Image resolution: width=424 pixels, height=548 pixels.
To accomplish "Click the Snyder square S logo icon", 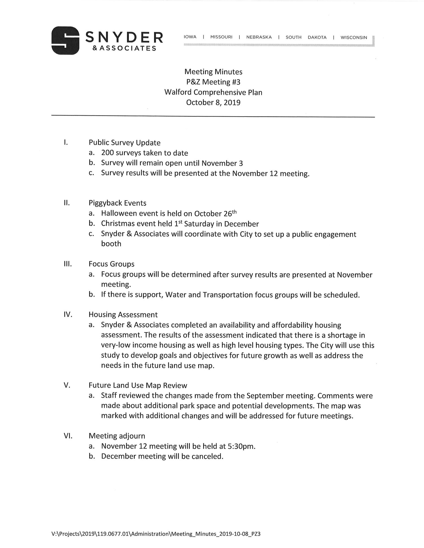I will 65,40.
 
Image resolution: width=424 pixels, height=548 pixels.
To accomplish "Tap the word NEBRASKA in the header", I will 259,37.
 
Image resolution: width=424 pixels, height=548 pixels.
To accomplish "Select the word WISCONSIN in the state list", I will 354,37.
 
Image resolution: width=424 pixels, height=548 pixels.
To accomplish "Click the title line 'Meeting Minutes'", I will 213,72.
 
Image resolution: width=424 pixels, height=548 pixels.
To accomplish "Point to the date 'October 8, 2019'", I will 213,102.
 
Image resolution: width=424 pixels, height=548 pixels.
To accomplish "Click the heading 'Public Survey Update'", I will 124,143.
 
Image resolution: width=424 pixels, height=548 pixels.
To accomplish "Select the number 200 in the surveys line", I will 107,153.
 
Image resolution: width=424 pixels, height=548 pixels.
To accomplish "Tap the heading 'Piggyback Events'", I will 117,203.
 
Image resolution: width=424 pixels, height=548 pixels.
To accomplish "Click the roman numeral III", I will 68,264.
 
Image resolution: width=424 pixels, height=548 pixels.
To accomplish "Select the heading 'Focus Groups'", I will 111,264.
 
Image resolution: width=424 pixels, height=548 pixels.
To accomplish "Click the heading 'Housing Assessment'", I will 123,315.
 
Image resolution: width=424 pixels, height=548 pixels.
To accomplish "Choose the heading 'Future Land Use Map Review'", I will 138,385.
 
